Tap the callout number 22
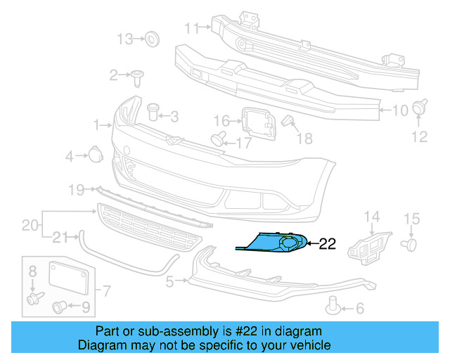point(328,245)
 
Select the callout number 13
point(124,39)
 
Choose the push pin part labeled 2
point(137,74)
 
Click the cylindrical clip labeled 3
point(153,110)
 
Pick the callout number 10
point(399,110)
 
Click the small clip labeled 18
point(287,122)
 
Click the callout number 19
point(77,188)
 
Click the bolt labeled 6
point(335,304)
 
